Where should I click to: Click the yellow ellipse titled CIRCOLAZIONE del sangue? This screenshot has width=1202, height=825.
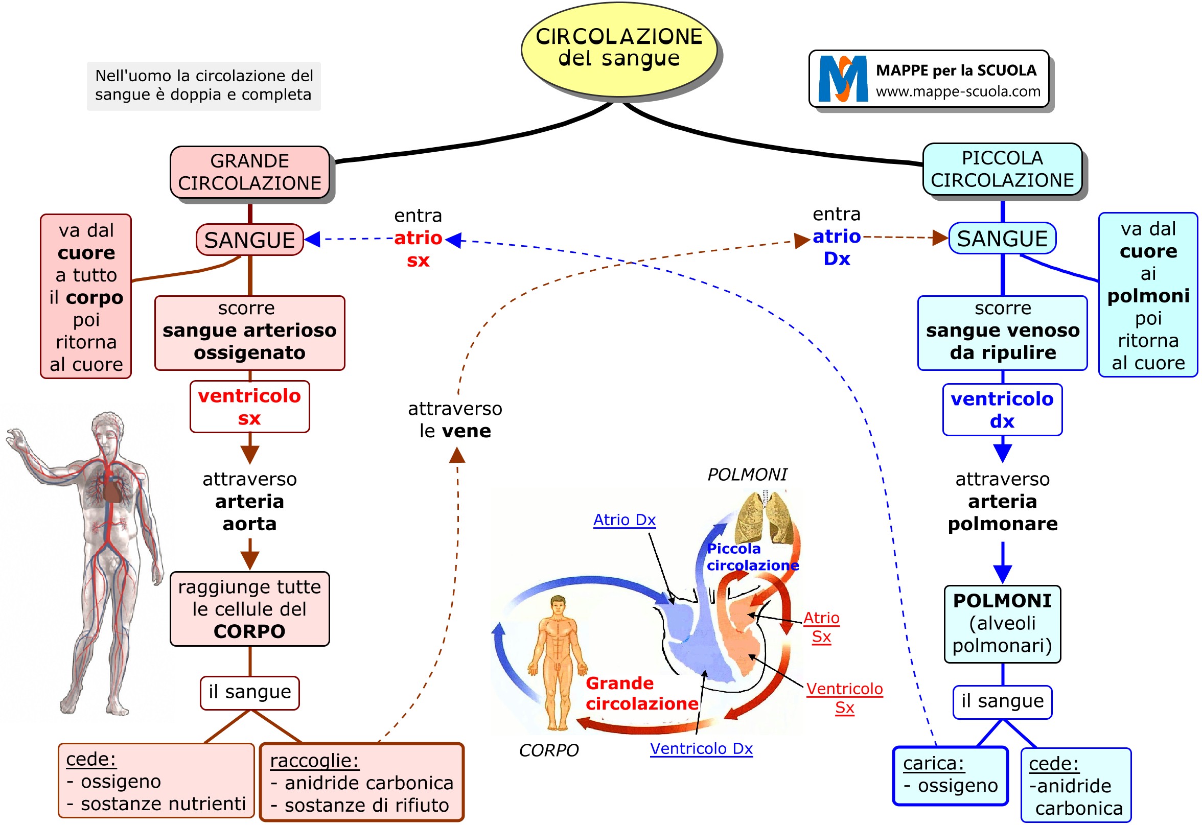pos(618,49)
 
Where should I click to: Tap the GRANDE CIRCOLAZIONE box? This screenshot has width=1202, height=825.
pos(250,172)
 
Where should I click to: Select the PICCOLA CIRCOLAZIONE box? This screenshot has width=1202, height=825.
pos(1002,169)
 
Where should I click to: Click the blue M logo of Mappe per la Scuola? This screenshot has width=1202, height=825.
pos(843,79)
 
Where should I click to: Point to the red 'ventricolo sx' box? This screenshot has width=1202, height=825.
pos(249,407)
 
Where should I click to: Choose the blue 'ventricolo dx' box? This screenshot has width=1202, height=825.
pos(1002,410)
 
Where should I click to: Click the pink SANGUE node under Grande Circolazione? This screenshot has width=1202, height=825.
pos(249,240)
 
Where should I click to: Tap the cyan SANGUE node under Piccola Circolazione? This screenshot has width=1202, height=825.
pos(1002,238)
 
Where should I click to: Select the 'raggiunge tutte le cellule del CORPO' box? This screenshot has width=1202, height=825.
pos(249,609)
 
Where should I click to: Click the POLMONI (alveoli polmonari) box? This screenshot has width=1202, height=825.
pos(1002,623)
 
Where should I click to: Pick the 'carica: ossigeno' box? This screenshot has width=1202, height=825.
pos(950,775)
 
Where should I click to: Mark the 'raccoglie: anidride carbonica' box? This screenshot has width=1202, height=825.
pos(361,783)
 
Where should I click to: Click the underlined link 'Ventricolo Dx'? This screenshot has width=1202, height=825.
pos(701,748)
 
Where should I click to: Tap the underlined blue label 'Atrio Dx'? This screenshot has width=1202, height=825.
pos(625,520)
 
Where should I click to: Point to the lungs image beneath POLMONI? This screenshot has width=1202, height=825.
pos(765,517)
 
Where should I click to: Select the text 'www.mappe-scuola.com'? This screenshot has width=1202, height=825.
pos(958,91)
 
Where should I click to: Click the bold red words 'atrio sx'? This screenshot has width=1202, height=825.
pos(418,249)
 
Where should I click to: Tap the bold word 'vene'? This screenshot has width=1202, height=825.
pos(470,431)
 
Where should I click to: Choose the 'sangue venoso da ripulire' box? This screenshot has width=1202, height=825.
pos(1002,333)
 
